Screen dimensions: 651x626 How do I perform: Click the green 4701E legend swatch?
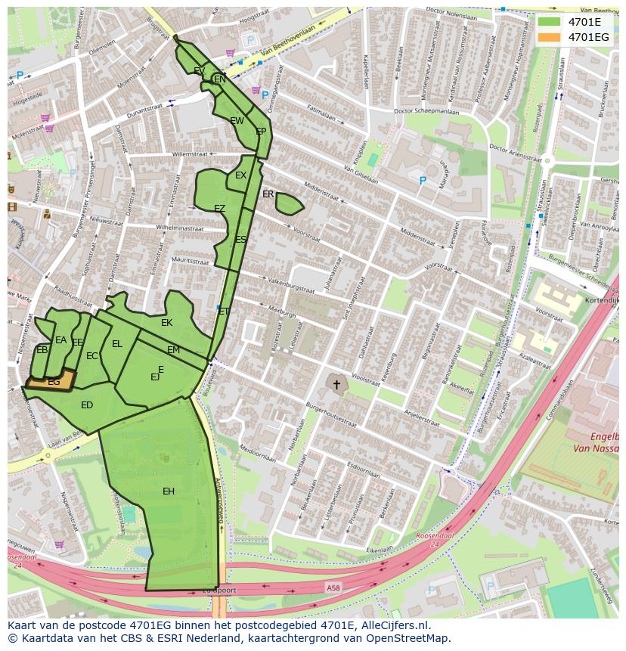pos(550,22)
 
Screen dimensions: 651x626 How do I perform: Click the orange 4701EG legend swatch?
pos(550,37)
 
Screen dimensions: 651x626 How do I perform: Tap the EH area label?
pos(169,491)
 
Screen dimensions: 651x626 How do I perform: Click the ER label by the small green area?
pos(268,194)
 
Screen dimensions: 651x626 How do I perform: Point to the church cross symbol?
pos(336,385)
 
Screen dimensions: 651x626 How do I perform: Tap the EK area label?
pos(167,323)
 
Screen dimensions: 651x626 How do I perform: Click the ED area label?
pos(87,405)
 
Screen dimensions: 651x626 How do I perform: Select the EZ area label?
pos(219,209)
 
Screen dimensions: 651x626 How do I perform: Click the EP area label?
pos(261,132)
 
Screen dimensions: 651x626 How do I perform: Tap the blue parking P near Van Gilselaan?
pos(423,181)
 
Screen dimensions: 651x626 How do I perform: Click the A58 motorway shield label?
pos(333,587)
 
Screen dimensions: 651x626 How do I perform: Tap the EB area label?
pos(42,350)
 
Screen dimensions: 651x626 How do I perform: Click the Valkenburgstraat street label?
pos(290,287)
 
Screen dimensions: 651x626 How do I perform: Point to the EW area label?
pos(237,121)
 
